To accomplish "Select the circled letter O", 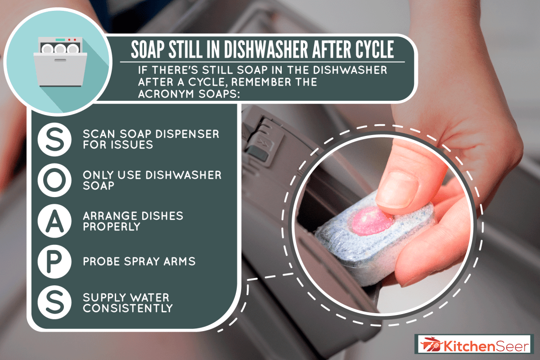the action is (x=54, y=180).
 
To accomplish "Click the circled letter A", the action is (x=54, y=221).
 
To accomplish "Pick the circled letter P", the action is (x=54, y=262).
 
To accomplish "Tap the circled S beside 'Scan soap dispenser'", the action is (x=54, y=139).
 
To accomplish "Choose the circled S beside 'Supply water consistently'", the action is (x=54, y=302).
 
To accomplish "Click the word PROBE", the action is (x=101, y=261).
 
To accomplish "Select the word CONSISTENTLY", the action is (x=128, y=308).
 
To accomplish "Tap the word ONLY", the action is (x=98, y=175).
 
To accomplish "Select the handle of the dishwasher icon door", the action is (x=60, y=60).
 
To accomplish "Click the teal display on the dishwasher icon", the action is (x=60, y=40).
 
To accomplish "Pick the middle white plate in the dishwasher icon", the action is (x=60, y=49).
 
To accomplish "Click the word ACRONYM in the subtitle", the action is (x=165, y=94).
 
